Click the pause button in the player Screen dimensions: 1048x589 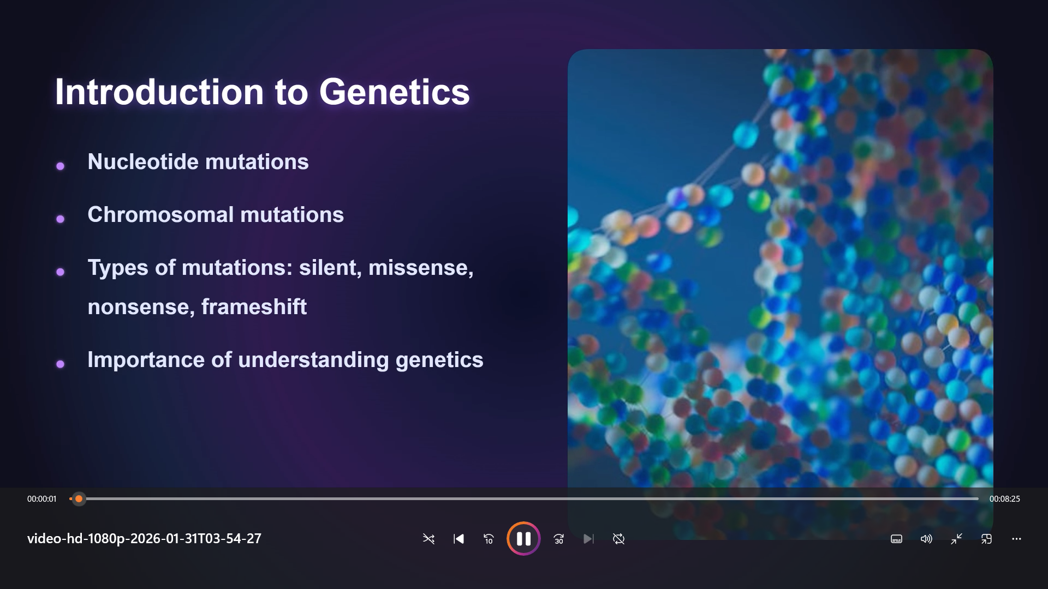(523, 539)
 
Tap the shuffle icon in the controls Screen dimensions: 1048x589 (428, 539)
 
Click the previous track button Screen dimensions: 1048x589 (458, 539)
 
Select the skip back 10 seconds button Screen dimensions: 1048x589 (489, 539)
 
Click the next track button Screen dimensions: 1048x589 (588, 539)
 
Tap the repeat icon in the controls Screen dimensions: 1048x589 (618, 539)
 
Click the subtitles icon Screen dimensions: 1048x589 (896, 539)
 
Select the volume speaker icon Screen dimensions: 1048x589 (926, 539)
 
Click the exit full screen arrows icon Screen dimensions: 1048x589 (956, 539)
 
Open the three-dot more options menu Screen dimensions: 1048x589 (1016, 539)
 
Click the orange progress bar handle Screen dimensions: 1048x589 (79, 498)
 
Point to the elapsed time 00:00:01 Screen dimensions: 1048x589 (42, 499)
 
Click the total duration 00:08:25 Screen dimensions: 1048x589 (1005, 499)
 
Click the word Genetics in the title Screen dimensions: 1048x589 (394, 92)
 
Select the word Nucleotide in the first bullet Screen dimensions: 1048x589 (143, 162)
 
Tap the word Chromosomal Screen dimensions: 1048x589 (161, 215)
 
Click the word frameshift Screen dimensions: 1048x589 (254, 307)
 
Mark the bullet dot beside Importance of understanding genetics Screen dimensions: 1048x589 (61, 364)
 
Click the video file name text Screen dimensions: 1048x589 (145, 539)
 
